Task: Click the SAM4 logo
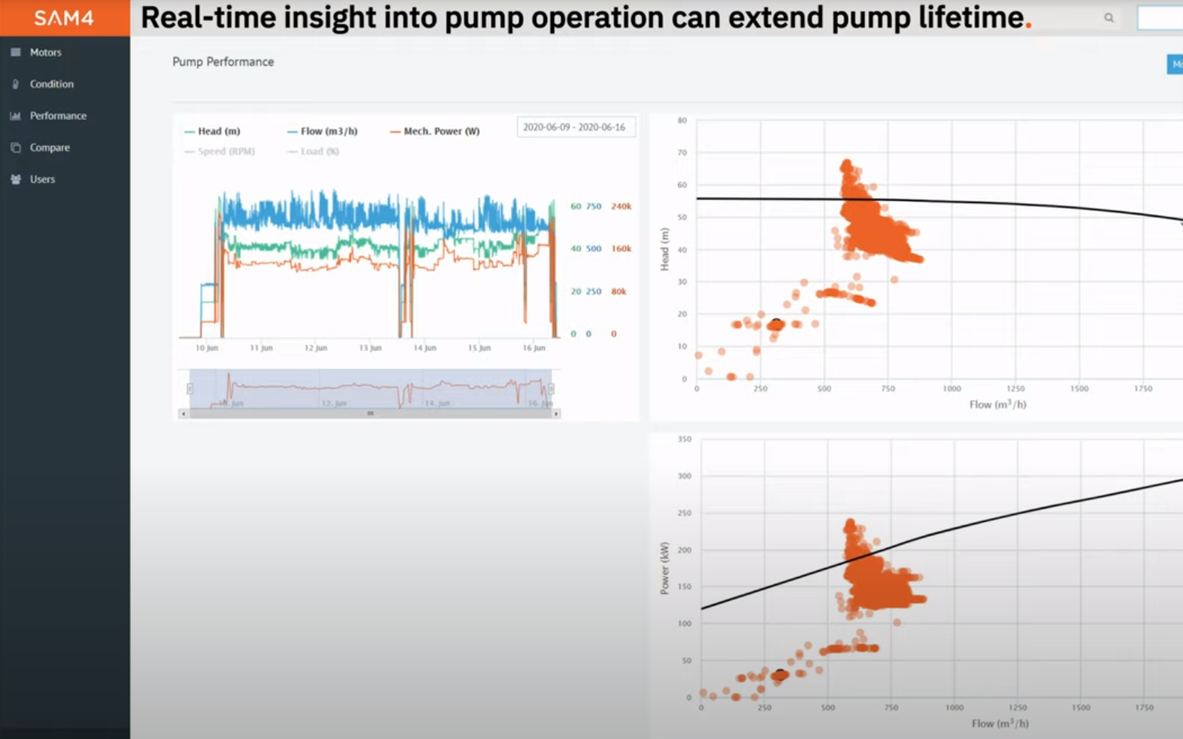point(64,18)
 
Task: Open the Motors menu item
point(45,53)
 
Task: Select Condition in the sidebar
point(51,84)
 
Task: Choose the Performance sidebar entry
point(58,116)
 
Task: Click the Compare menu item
point(50,147)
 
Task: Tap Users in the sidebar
point(42,179)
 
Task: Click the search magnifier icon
point(1109,18)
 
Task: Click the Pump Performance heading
point(223,62)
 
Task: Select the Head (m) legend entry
point(218,131)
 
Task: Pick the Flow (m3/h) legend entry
point(328,131)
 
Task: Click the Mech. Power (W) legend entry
point(441,131)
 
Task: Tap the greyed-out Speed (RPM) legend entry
point(225,151)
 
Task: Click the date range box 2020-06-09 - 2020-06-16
point(574,127)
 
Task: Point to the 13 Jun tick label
point(370,348)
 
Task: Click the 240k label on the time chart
point(621,206)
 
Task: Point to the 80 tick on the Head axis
point(682,120)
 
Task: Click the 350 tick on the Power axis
point(684,439)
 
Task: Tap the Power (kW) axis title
point(664,568)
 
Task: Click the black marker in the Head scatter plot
point(776,324)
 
